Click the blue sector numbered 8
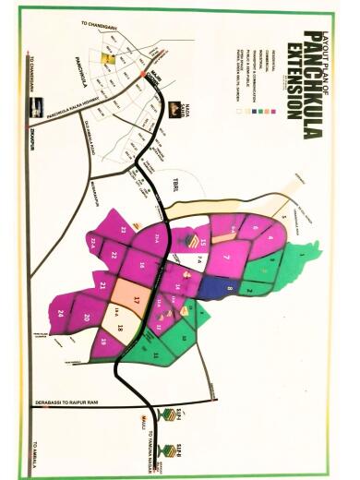229,289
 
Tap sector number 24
59,315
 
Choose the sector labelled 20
85,318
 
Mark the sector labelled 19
103,341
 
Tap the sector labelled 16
142,267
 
